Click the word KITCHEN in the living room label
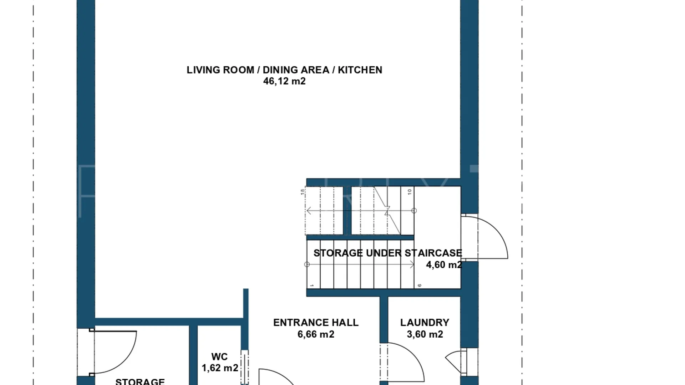point(360,70)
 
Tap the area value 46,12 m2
point(284,81)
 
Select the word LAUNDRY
point(425,323)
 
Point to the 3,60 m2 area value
point(425,334)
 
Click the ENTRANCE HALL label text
point(316,323)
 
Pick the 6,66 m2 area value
point(316,334)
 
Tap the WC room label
point(219,357)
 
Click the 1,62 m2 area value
point(220,368)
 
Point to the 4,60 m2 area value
point(444,265)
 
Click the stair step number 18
point(303,191)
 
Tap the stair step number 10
point(410,191)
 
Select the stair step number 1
point(311,286)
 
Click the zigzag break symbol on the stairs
point(387,211)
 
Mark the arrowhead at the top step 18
point(309,211)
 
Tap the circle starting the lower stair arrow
point(307,265)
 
